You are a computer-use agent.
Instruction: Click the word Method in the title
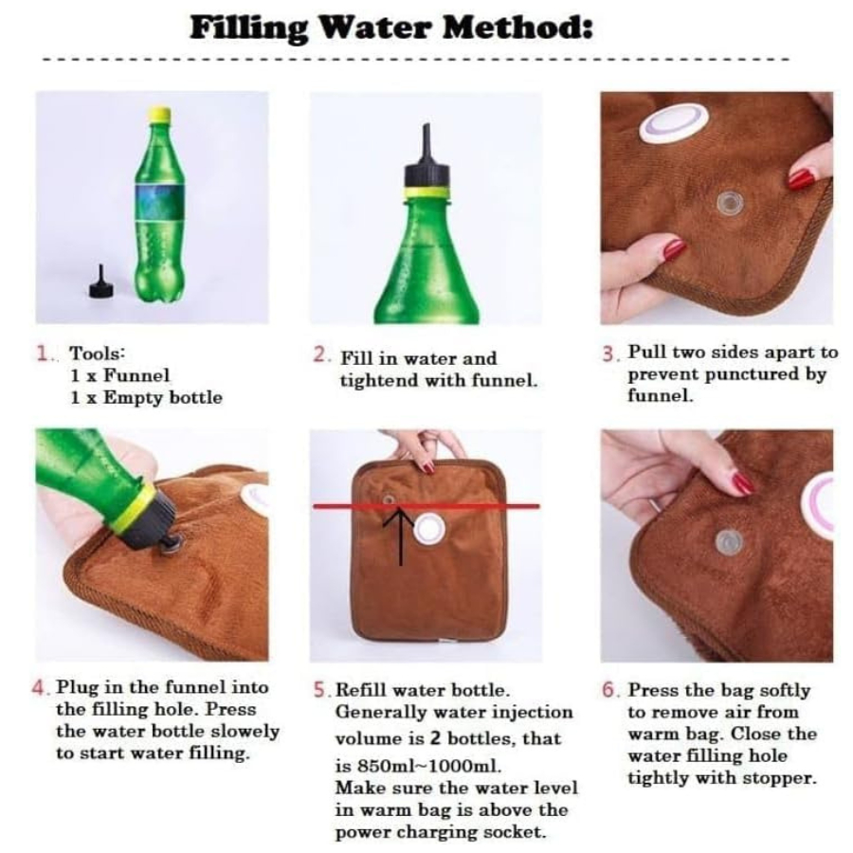517,27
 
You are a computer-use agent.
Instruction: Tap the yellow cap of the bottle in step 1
159,113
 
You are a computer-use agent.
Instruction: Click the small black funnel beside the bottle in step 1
100,282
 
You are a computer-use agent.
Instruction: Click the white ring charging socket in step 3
674,123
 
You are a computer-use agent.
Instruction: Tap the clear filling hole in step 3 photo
728,203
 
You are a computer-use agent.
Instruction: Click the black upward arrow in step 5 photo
400,535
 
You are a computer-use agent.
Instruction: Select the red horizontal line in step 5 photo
426,506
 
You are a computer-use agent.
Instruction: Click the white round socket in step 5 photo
429,530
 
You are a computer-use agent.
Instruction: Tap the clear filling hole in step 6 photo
728,542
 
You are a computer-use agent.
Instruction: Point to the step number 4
40,688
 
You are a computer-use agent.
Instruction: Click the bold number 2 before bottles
435,737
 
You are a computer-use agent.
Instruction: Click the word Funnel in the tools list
136,374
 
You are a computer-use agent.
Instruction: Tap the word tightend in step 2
379,380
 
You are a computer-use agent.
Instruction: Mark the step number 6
609,690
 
